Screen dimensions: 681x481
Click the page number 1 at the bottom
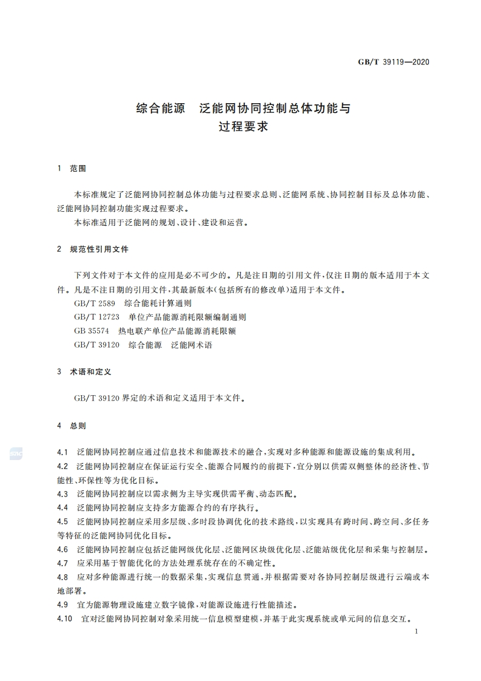(x=416, y=631)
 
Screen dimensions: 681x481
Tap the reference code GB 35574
(x=91, y=331)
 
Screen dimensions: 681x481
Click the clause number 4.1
(x=62, y=452)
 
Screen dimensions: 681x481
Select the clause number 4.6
(x=62, y=549)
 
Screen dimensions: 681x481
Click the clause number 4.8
(x=62, y=577)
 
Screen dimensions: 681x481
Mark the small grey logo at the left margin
(x=16, y=453)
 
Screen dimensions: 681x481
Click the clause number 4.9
(x=62, y=605)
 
